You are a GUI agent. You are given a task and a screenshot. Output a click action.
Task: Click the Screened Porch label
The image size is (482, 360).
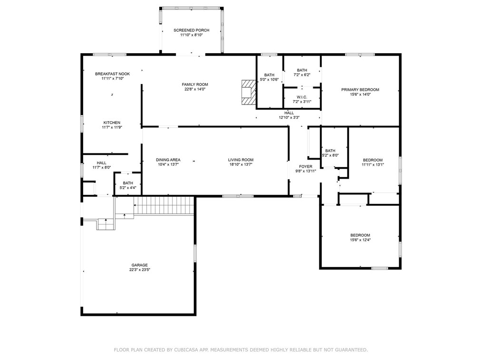(191, 30)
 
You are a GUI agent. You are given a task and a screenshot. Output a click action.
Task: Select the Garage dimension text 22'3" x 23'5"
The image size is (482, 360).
(139, 270)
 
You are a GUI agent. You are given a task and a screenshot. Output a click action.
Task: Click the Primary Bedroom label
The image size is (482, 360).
(360, 90)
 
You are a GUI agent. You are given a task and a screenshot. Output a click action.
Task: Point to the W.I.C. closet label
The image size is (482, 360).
(302, 96)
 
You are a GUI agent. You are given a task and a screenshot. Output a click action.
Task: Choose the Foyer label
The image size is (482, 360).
(306, 167)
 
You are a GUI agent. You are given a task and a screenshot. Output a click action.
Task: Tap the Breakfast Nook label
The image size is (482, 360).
(112, 74)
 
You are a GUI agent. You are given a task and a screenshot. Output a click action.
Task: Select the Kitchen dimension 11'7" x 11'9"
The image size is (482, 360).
(112, 127)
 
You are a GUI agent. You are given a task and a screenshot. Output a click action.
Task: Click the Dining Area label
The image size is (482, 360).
(168, 160)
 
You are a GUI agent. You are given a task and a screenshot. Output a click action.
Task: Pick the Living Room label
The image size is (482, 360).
(241, 160)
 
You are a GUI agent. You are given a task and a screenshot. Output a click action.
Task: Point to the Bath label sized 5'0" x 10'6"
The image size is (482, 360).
(269, 75)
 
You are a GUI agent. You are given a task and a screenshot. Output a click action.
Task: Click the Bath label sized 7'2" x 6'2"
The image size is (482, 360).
(302, 70)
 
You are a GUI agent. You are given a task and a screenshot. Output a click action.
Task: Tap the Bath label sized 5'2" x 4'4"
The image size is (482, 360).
(128, 183)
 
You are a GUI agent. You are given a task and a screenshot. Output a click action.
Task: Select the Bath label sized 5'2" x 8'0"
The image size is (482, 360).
(330, 151)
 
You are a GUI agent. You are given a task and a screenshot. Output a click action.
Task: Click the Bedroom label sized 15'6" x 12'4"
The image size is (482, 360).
(360, 236)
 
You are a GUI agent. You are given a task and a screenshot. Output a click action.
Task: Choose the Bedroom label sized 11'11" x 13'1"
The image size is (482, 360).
(372, 160)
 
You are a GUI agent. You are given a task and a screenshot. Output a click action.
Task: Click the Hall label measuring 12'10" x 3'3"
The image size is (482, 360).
(289, 113)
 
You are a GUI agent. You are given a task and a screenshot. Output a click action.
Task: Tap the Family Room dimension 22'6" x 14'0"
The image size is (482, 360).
(195, 89)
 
